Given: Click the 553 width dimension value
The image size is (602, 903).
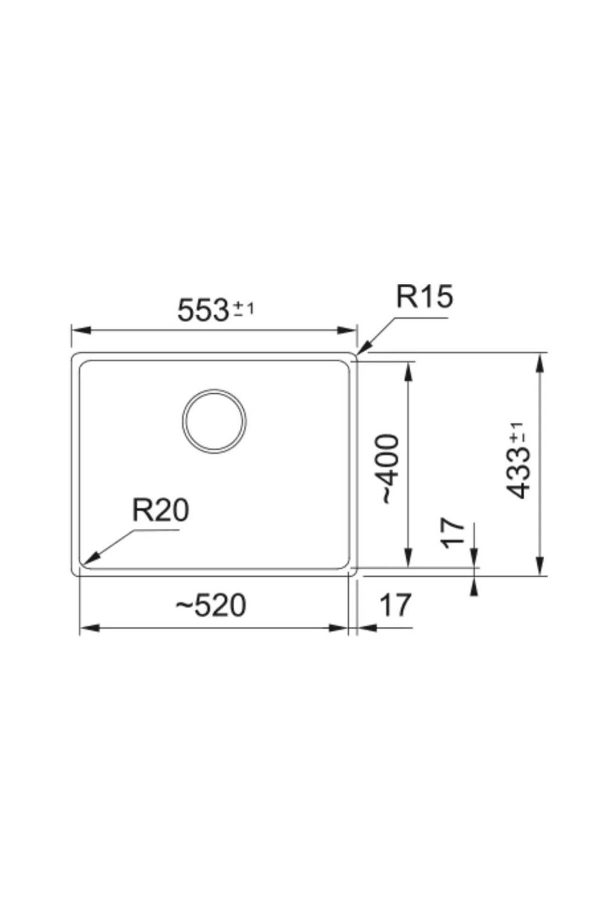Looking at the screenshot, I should coord(203,310).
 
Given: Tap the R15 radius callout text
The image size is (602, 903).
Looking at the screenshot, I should coord(424,296).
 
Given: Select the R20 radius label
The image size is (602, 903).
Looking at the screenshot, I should coord(161,510).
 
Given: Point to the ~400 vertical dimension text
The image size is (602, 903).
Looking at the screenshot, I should coord(390,469).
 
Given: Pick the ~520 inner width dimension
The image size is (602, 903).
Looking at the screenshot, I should coord(211,605).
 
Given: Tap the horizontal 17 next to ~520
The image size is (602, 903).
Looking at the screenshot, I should coord(395,605).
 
